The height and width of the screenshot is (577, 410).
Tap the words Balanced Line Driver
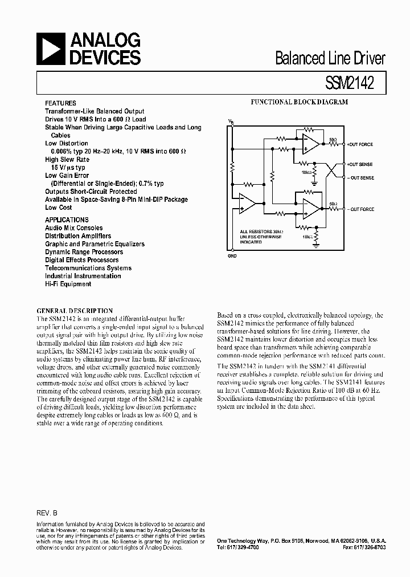(330, 58)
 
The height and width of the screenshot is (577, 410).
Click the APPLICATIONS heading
(67, 220)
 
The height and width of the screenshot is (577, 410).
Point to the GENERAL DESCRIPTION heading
(75, 311)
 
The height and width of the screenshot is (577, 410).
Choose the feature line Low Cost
(59, 208)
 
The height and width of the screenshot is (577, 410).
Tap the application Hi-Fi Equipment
(68, 284)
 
